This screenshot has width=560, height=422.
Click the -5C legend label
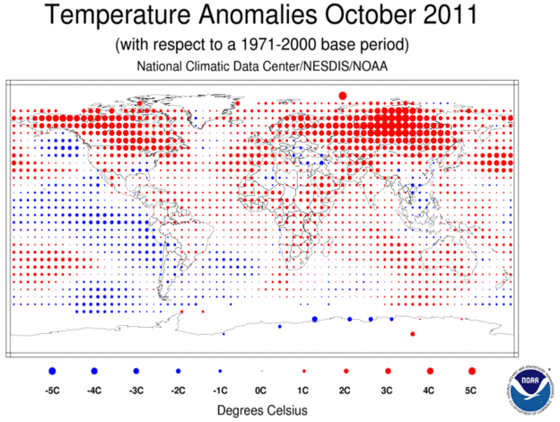[52, 391]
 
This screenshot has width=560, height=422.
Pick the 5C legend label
[470, 391]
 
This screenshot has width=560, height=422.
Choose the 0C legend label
[261, 391]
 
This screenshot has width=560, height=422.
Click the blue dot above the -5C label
[52, 370]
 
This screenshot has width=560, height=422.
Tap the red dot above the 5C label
[470, 370]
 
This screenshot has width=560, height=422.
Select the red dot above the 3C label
[387, 370]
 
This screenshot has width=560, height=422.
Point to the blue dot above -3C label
[136, 370]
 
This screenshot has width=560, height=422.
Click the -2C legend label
[178, 391]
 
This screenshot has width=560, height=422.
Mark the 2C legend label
[345, 391]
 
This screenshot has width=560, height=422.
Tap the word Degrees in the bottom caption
[236, 410]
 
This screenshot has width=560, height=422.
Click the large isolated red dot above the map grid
[342, 95]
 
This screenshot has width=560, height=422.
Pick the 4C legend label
[429, 391]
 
